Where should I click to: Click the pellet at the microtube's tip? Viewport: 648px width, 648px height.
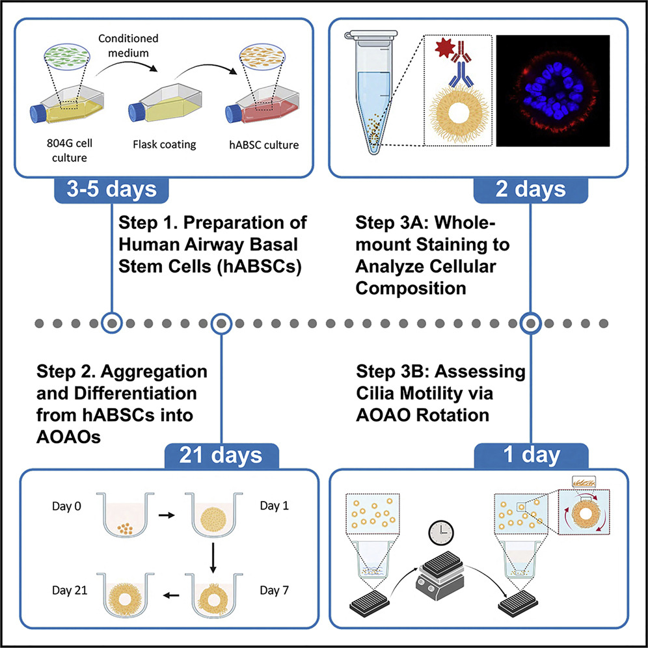(x=374, y=137)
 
